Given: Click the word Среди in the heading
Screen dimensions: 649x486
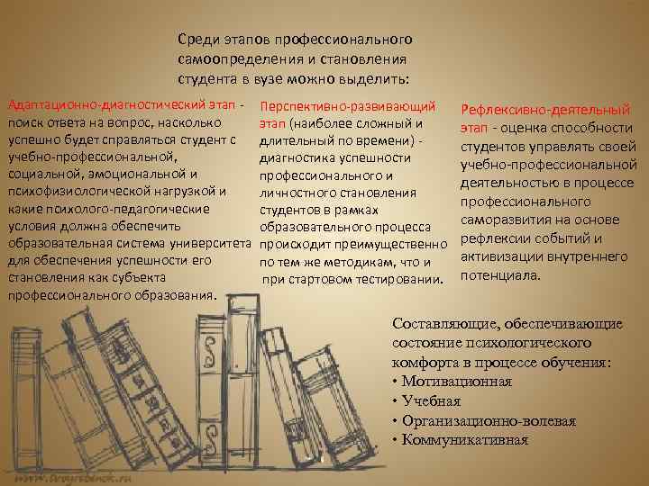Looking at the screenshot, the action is [x=197, y=40].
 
